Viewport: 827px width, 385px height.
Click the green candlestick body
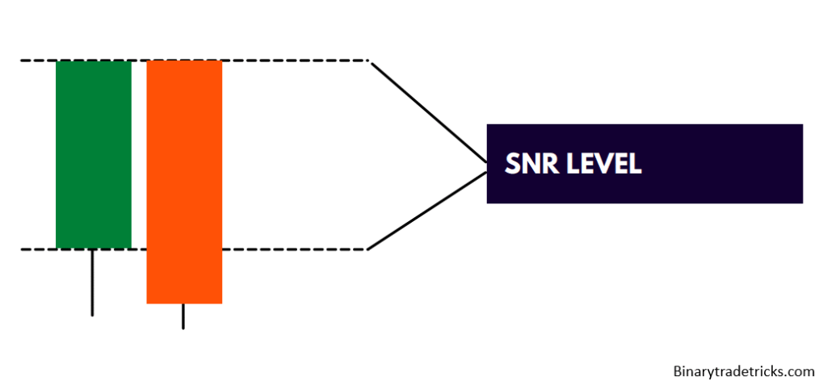coord(93,154)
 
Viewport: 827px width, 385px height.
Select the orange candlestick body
coord(184,182)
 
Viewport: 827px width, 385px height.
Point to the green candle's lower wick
coord(92,282)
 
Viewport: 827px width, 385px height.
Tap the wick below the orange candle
coord(183,316)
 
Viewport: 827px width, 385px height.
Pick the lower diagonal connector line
coord(428,209)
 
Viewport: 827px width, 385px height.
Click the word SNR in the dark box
coord(529,164)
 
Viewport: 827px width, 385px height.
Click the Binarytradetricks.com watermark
coord(744,371)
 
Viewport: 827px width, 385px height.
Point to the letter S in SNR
coord(513,164)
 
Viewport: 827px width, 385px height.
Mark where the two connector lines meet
coord(486,165)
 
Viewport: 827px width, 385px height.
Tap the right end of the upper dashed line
coord(368,61)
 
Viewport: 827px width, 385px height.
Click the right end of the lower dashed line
coord(367,249)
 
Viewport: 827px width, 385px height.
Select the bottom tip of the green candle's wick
coord(92,314)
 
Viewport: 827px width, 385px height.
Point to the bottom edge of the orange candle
coord(184,303)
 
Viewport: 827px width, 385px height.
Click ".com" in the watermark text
coord(800,371)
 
